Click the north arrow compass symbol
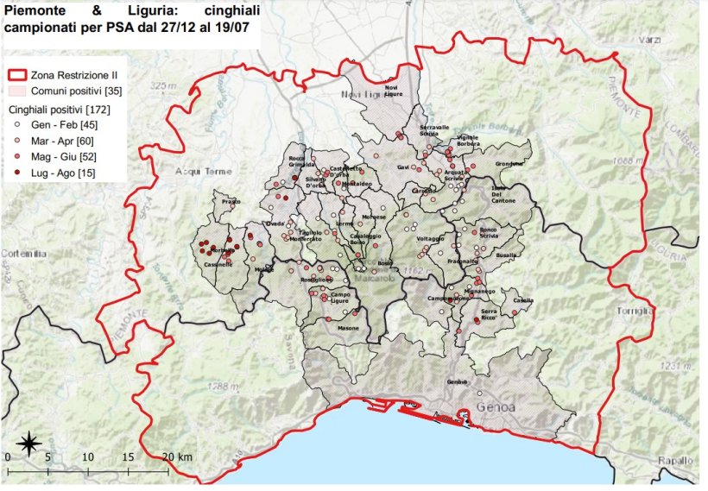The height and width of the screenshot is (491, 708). tap(29, 444)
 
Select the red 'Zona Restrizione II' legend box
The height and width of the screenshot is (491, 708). tap(17, 75)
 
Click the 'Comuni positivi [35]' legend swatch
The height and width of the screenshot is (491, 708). tap(17, 91)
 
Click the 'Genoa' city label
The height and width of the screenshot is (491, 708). tap(496, 406)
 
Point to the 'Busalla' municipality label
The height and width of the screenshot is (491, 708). tap(506, 255)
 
